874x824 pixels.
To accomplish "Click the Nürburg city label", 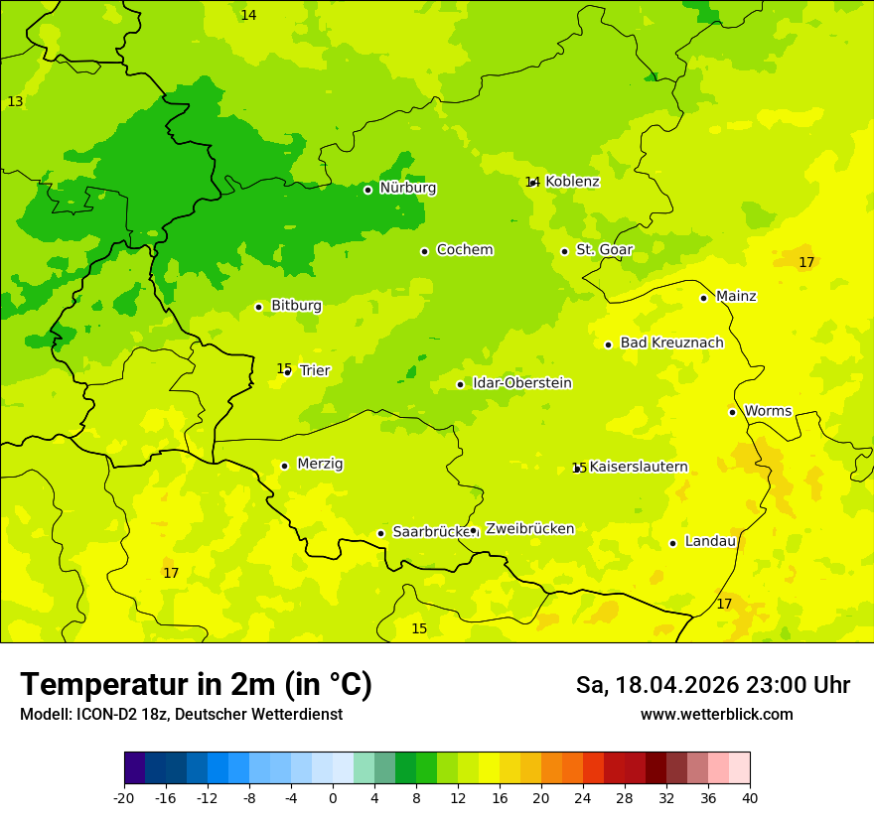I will click(407, 188).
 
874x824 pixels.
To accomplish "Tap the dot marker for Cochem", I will click(424, 251).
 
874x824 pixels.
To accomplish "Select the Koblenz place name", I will click(572, 182).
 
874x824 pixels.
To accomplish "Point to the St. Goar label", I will click(604, 250).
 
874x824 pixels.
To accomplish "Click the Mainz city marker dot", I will click(703, 298).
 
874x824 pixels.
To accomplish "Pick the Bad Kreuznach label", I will click(671, 343).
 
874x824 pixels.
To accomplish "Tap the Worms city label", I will click(768, 411).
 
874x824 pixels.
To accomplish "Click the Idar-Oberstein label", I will click(521, 383).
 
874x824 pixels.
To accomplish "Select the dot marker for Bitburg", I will click(258, 307).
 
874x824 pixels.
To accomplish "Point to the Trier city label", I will click(315, 370).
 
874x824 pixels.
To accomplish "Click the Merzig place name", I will click(320, 464).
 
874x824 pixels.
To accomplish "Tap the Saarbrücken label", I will click(430, 532).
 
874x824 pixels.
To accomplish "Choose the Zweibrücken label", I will click(529, 529).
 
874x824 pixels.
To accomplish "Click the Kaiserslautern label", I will click(639, 467).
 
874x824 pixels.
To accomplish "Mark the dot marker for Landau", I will click(672, 543).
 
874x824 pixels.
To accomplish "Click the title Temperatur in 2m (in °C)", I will click(196, 685).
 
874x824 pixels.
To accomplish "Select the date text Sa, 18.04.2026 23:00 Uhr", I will click(712, 685).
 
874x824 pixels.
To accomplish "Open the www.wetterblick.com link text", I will click(716, 715).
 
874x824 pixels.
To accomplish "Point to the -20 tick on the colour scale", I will click(124, 797).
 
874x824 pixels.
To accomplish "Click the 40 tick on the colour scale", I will click(750, 797).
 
